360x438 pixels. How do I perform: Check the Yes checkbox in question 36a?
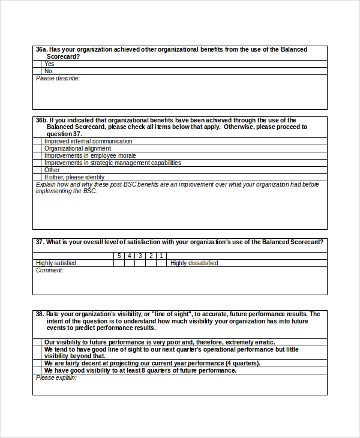click(37, 64)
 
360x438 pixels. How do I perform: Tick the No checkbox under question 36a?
click(37, 71)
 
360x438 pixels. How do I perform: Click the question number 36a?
click(41, 49)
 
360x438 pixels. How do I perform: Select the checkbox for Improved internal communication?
click(37, 142)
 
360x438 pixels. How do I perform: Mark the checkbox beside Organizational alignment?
click(37, 149)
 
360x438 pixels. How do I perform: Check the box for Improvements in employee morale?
click(37, 156)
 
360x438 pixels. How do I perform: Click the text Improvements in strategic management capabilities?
click(112, 163)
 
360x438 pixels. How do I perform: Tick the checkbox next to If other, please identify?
click(37, 178)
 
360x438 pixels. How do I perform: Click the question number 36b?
click(41, 120)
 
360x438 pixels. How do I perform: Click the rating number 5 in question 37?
click(119, 256)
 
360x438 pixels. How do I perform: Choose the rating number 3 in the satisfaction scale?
click(140, 256)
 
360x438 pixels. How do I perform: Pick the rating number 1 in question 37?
click(161, 256)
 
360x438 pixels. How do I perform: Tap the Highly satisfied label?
click(56, 263)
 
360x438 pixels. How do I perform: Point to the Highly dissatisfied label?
click(194, 263)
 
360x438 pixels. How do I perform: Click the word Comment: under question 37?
click(49, 271)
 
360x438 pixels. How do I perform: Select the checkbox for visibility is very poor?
click(37, 342)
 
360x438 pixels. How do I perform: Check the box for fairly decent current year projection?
click(37, 363)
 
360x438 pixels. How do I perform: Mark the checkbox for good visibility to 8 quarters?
click(37, 370)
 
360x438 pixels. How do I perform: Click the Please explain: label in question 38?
click(56, 378)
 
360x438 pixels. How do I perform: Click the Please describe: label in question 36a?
click(58, 79)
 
